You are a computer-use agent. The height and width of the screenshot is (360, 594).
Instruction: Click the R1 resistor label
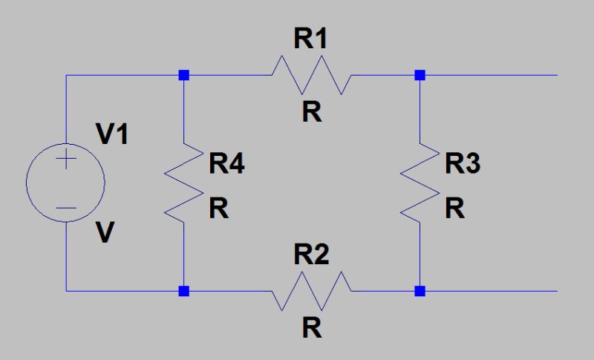coord(310,41)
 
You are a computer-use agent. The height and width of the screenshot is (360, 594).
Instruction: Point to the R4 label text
coord(226,165)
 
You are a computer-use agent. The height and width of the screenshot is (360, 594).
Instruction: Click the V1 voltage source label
coord(112,136)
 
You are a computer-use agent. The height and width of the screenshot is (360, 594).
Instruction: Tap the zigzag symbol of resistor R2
coord(310,291)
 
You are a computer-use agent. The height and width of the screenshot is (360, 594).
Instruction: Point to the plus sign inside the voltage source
coord(66,160)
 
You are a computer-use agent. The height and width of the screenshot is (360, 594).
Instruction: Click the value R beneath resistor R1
coord(312,112)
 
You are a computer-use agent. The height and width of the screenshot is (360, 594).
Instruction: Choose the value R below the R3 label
coord(455,210)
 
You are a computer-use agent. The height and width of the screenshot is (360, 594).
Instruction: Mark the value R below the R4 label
coord(218,210)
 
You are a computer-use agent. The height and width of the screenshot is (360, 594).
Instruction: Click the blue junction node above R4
coord(184,75)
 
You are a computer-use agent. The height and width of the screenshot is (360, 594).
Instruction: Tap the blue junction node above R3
coord(420,75)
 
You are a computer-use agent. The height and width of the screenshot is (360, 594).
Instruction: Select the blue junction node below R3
coord(420,291)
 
